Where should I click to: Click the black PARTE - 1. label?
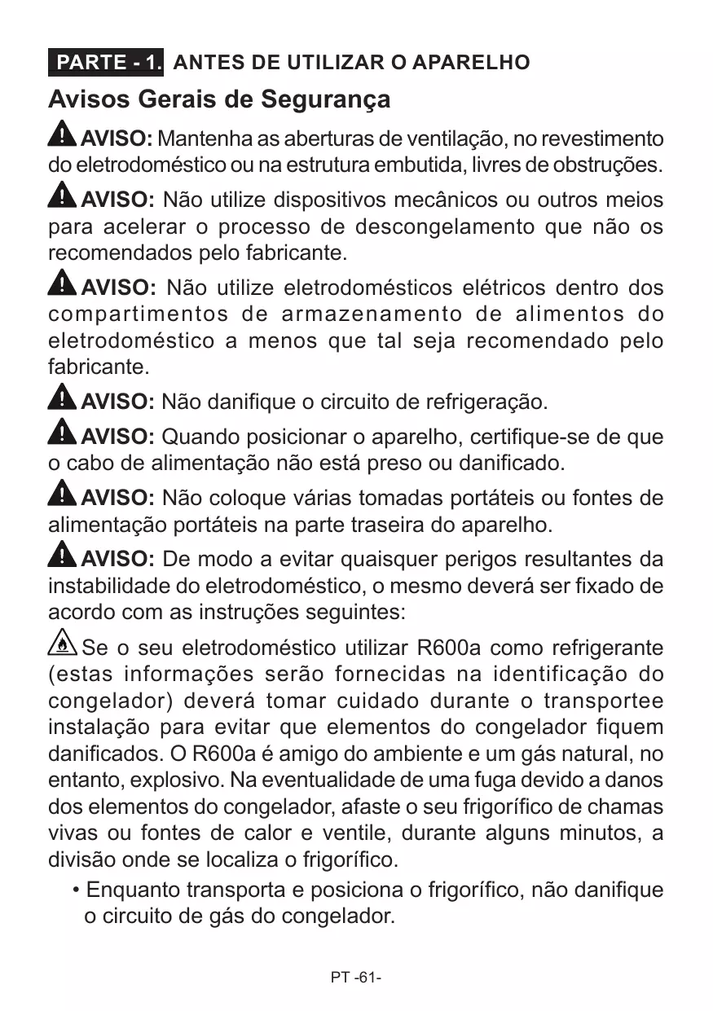106,63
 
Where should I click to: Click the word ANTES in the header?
203,63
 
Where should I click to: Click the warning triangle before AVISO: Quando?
62,433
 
